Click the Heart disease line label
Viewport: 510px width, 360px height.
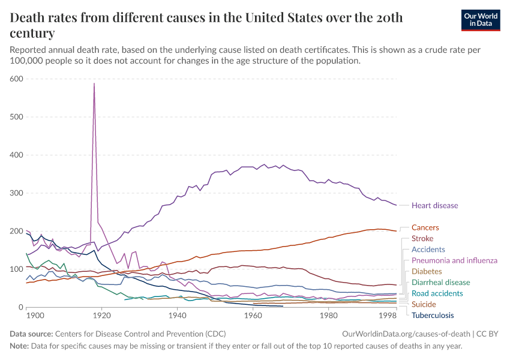pyautogui.click(x=434, y=206)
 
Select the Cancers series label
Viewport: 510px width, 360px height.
pyautogui.click(x=425, y=228)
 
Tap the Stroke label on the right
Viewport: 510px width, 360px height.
pyautogui.click(x=422, y=239)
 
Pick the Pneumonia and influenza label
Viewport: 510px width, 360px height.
pyautogui.click(x=454, y=260)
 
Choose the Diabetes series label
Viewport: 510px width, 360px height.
pyautogui.click(x=427, y=271)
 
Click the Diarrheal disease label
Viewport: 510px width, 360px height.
pyautogui.click(x=440, y=283)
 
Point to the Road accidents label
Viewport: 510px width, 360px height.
pyautogui.click(x=437, y=293)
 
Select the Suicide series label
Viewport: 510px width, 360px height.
pyautogui.click(x=424, y=304)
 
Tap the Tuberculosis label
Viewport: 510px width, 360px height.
pyautogui.click(x=432, y=316)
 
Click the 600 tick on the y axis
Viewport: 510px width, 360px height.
pyautogui.click(x=16, y=79)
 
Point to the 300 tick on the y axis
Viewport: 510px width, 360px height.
pyautogui.click(x=16, y=193)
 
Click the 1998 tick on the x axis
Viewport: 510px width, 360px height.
pyautogui.click(x=388, y=315)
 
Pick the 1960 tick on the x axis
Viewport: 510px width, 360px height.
pyautogui.click(x=253, y=315)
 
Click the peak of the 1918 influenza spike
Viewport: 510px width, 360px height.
pyautogui.click(x=94, y=83)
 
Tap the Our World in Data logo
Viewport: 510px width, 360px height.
pyautogui.click(x=480, y=20)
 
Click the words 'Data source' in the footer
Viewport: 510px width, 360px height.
pyautogui.click(x=31, y=333)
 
